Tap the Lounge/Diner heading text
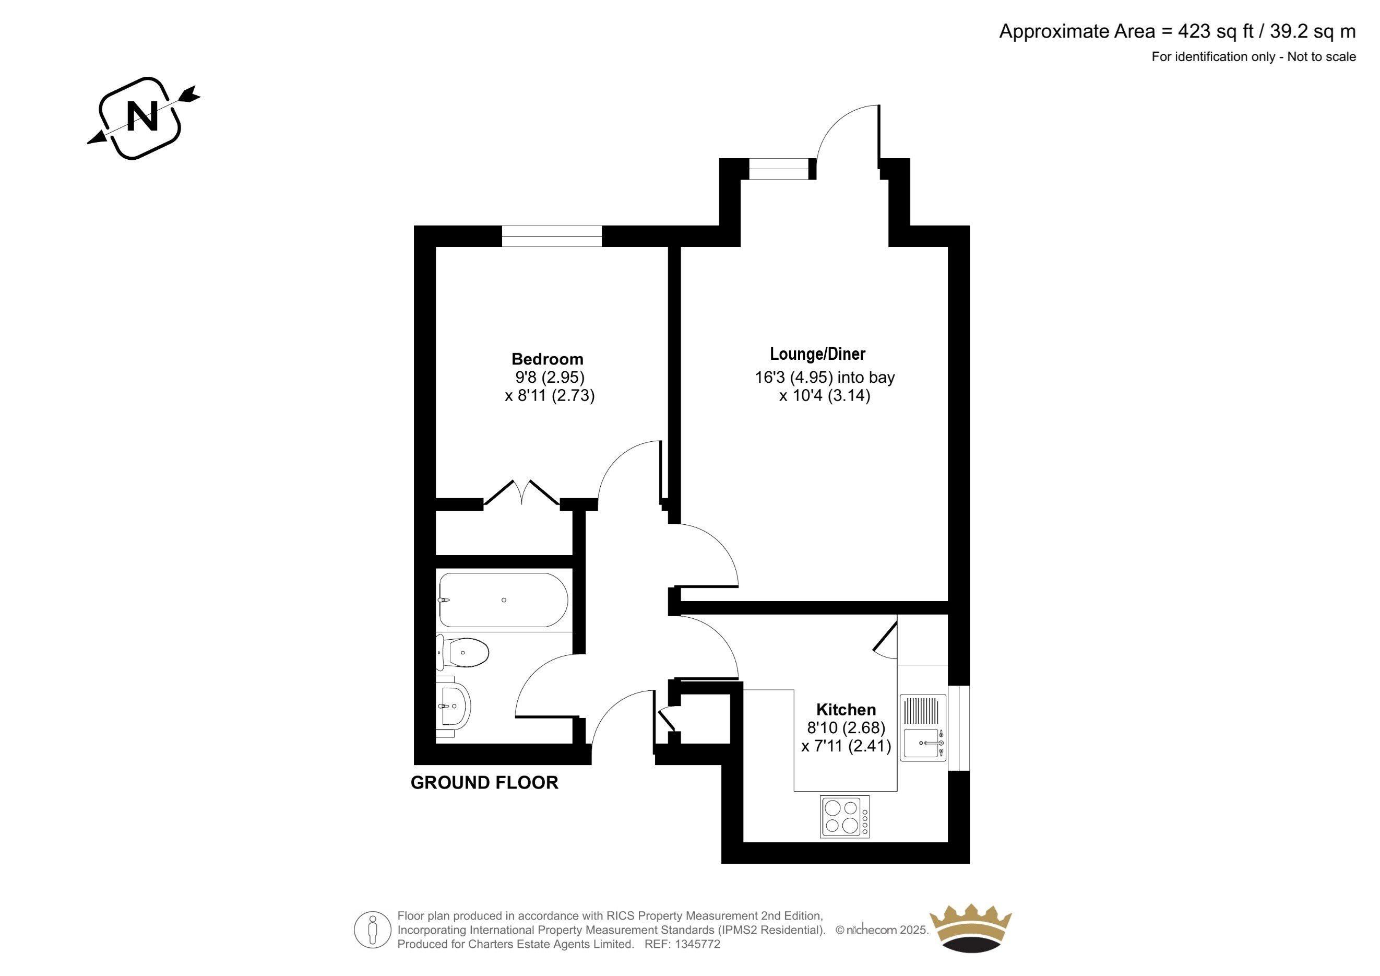[x=817, y=354]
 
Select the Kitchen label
[x=846, y=709]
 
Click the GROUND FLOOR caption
[x=484, y=782]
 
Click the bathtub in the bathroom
[x=503, y=600]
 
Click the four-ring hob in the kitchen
[x=844, y=817]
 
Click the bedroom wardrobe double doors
[x=522, y=493]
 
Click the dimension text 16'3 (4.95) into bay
[x=825, y=377]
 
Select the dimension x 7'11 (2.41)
[x=846, y=746]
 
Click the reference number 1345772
[x=698, y=944]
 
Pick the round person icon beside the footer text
[x=373, y=930]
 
